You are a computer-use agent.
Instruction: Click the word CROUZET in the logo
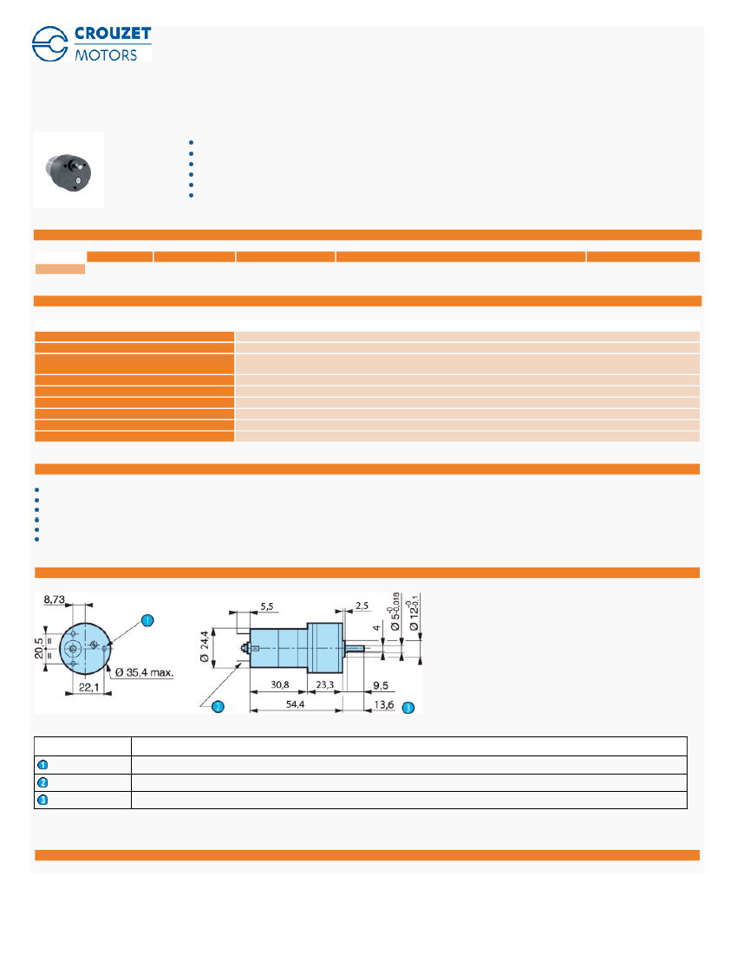[x=113, y=34]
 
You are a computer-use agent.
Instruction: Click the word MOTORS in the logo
[x=107, y=55]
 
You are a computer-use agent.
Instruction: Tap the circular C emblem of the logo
[x=50, y=44]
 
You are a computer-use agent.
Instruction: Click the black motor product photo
[x=68, y=172]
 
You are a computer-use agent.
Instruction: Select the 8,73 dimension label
[x=54, y=600]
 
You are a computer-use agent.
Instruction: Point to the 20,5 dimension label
[x=40, y=649]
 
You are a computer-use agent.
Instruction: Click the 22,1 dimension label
[x=88, y=687]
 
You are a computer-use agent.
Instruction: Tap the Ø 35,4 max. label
[x=144, y=672]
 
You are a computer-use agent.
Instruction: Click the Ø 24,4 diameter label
[x=205, y=648]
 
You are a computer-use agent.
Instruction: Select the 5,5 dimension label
[x=267, y=606]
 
